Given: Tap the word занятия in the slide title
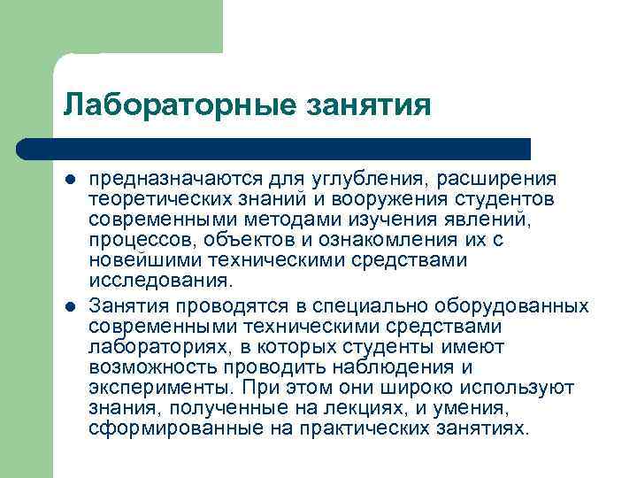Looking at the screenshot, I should pos(367,105).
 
